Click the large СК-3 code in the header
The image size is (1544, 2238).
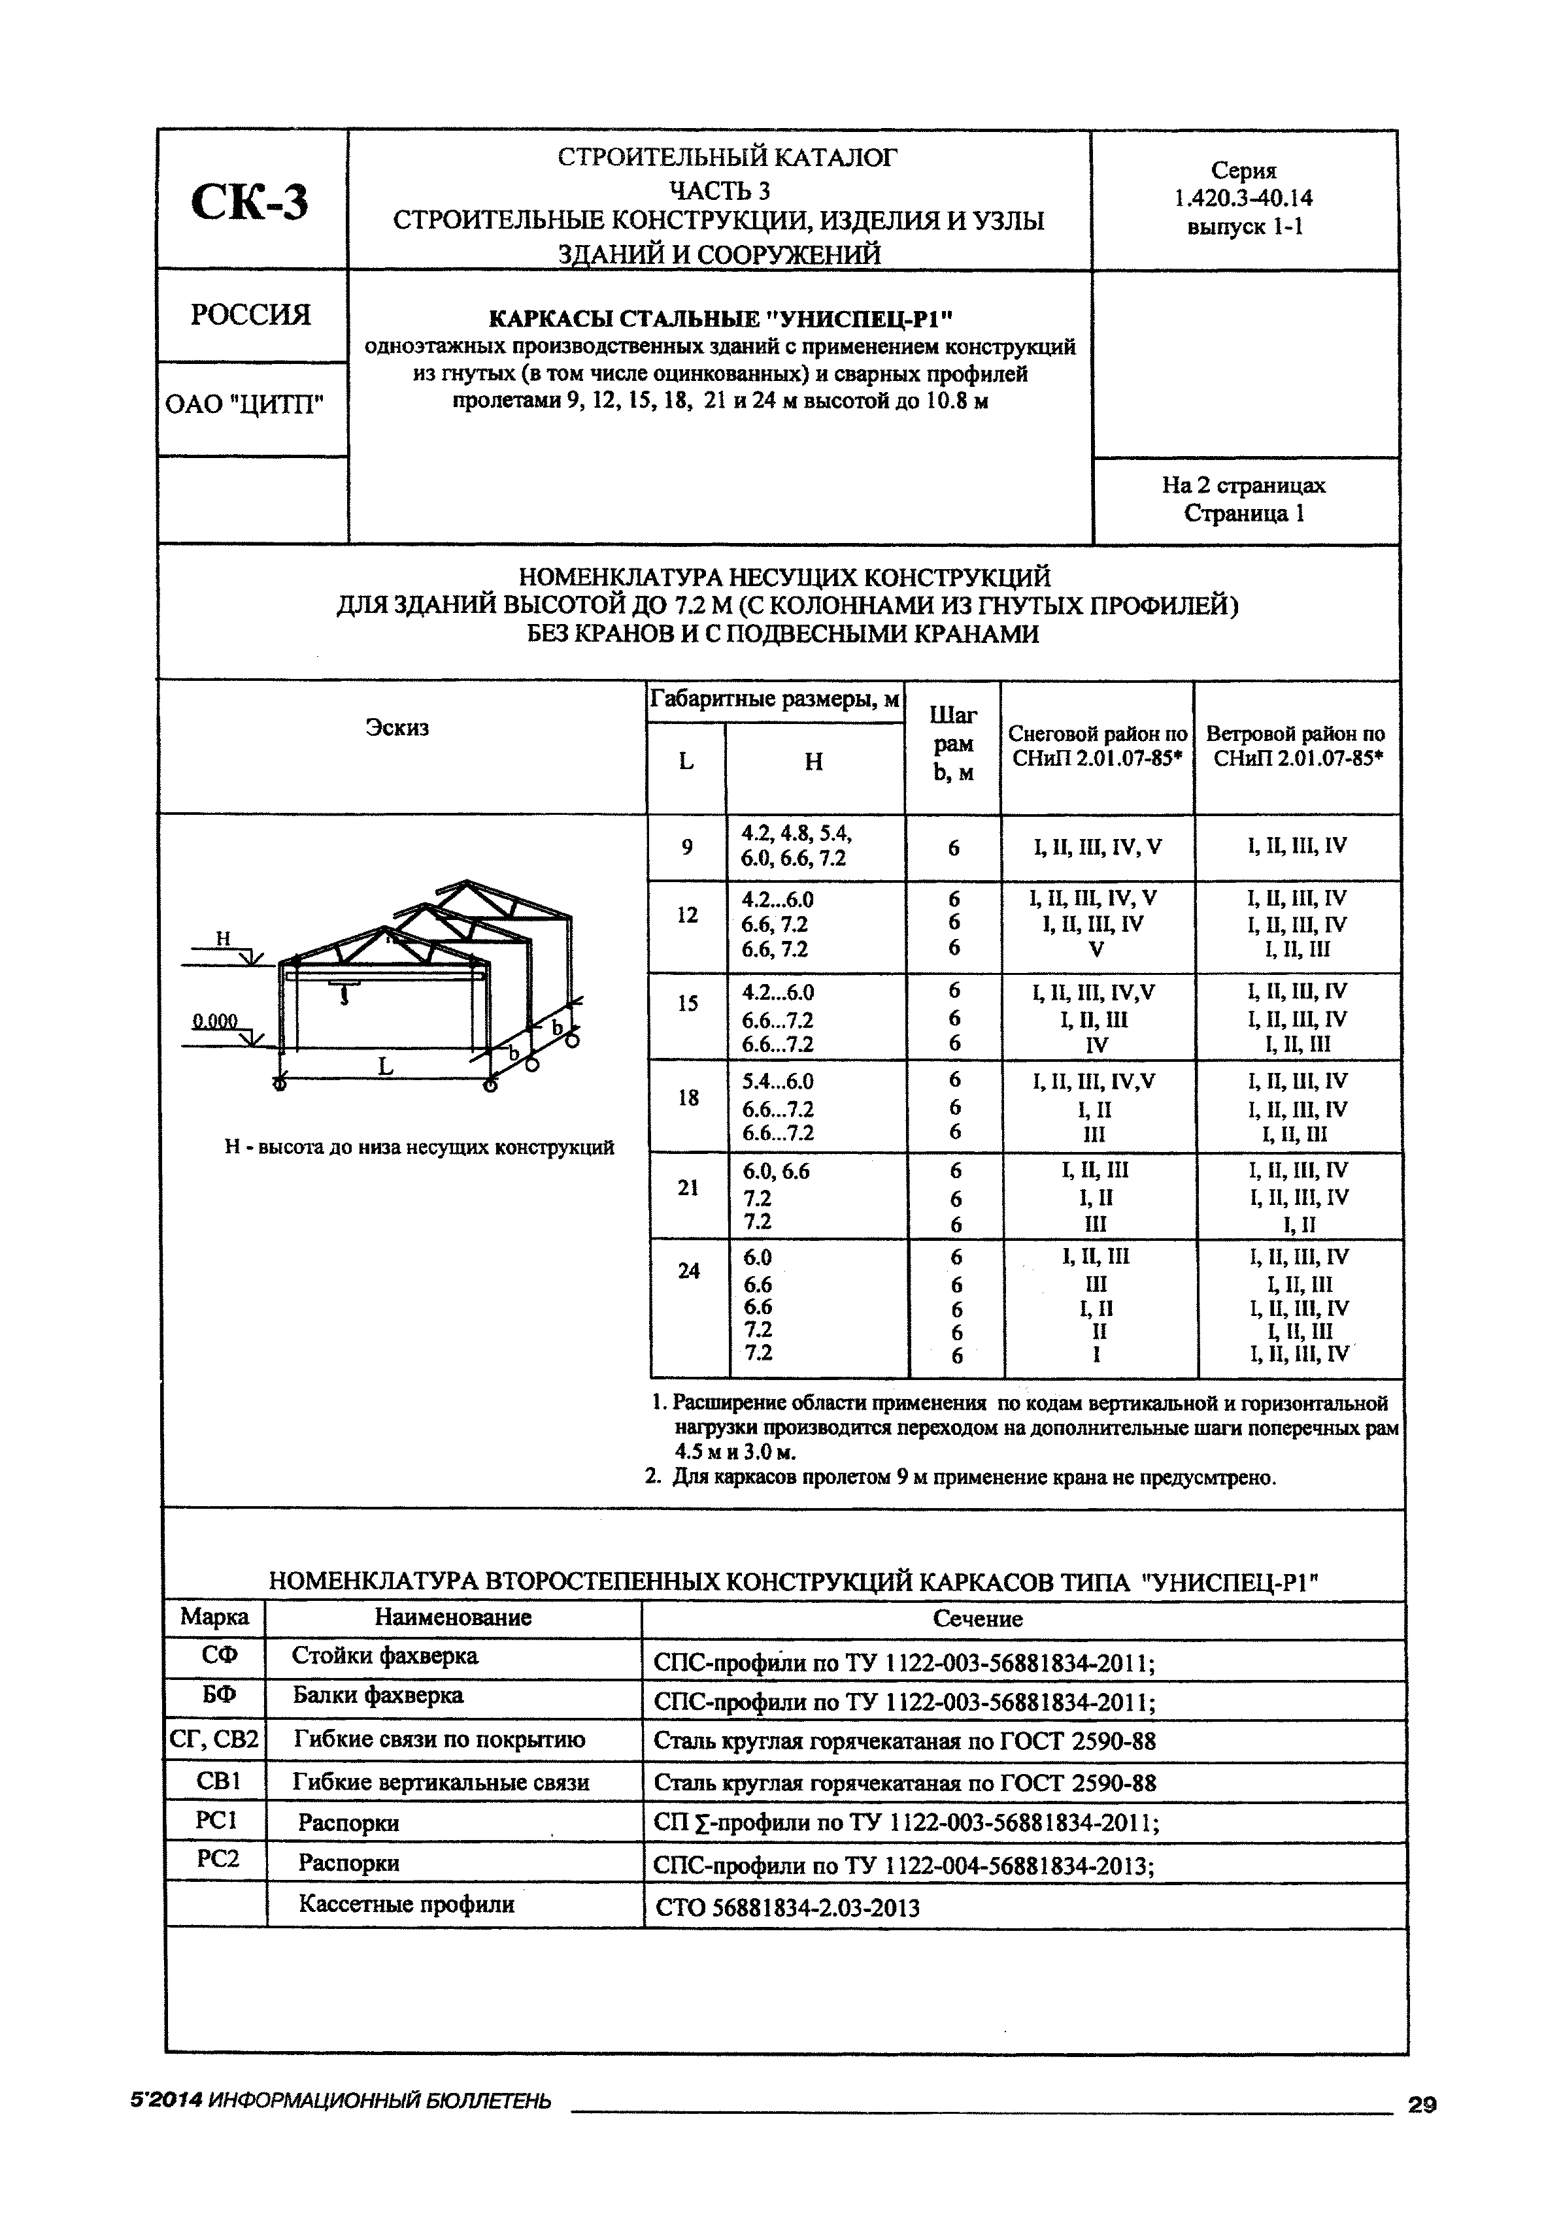pyautogui.click(x=250, y=202)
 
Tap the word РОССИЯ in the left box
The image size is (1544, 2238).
pyautogui.click(x=250, y=316)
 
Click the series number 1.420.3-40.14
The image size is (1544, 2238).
pyautogui.click(x=1243, y=198)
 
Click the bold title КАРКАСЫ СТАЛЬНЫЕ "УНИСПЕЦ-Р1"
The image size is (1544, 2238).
pyautogui.click(x=721, y=318)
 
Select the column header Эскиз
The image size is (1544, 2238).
pyautogui.click(x=397, y=727)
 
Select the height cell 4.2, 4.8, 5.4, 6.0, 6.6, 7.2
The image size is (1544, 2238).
pyautogui.click(x=796, y=846)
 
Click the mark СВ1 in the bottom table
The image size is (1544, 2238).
pyautogui.click(x=217, y=1781)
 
